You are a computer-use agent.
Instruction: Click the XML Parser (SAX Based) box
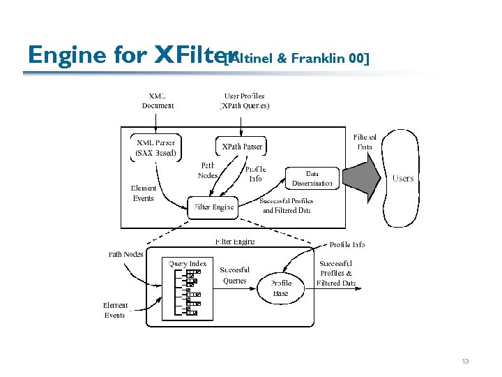coord(156,148)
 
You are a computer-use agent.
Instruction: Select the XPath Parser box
coord(242,147)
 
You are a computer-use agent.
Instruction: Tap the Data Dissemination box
coord(312,178)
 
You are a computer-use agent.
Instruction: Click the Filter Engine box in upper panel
coord(213,207)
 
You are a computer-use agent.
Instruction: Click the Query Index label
coord(188,264)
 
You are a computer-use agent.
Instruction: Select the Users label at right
coord(403,179)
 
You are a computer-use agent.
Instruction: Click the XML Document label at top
coord(158,101)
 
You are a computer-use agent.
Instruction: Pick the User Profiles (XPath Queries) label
coord(244,101)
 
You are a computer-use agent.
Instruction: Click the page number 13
coord(465,362)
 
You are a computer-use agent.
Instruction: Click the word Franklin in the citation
coord(321,59)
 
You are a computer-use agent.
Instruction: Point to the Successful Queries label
coord(234,275)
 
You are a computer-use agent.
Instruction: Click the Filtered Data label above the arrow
coord(365,142)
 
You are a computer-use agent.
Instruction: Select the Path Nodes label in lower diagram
coord(126,254)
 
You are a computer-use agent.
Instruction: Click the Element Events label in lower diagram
coord(115,310)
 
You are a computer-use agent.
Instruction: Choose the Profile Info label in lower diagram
coord(347,244)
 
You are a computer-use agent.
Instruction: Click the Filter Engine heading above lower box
coord(235,242)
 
